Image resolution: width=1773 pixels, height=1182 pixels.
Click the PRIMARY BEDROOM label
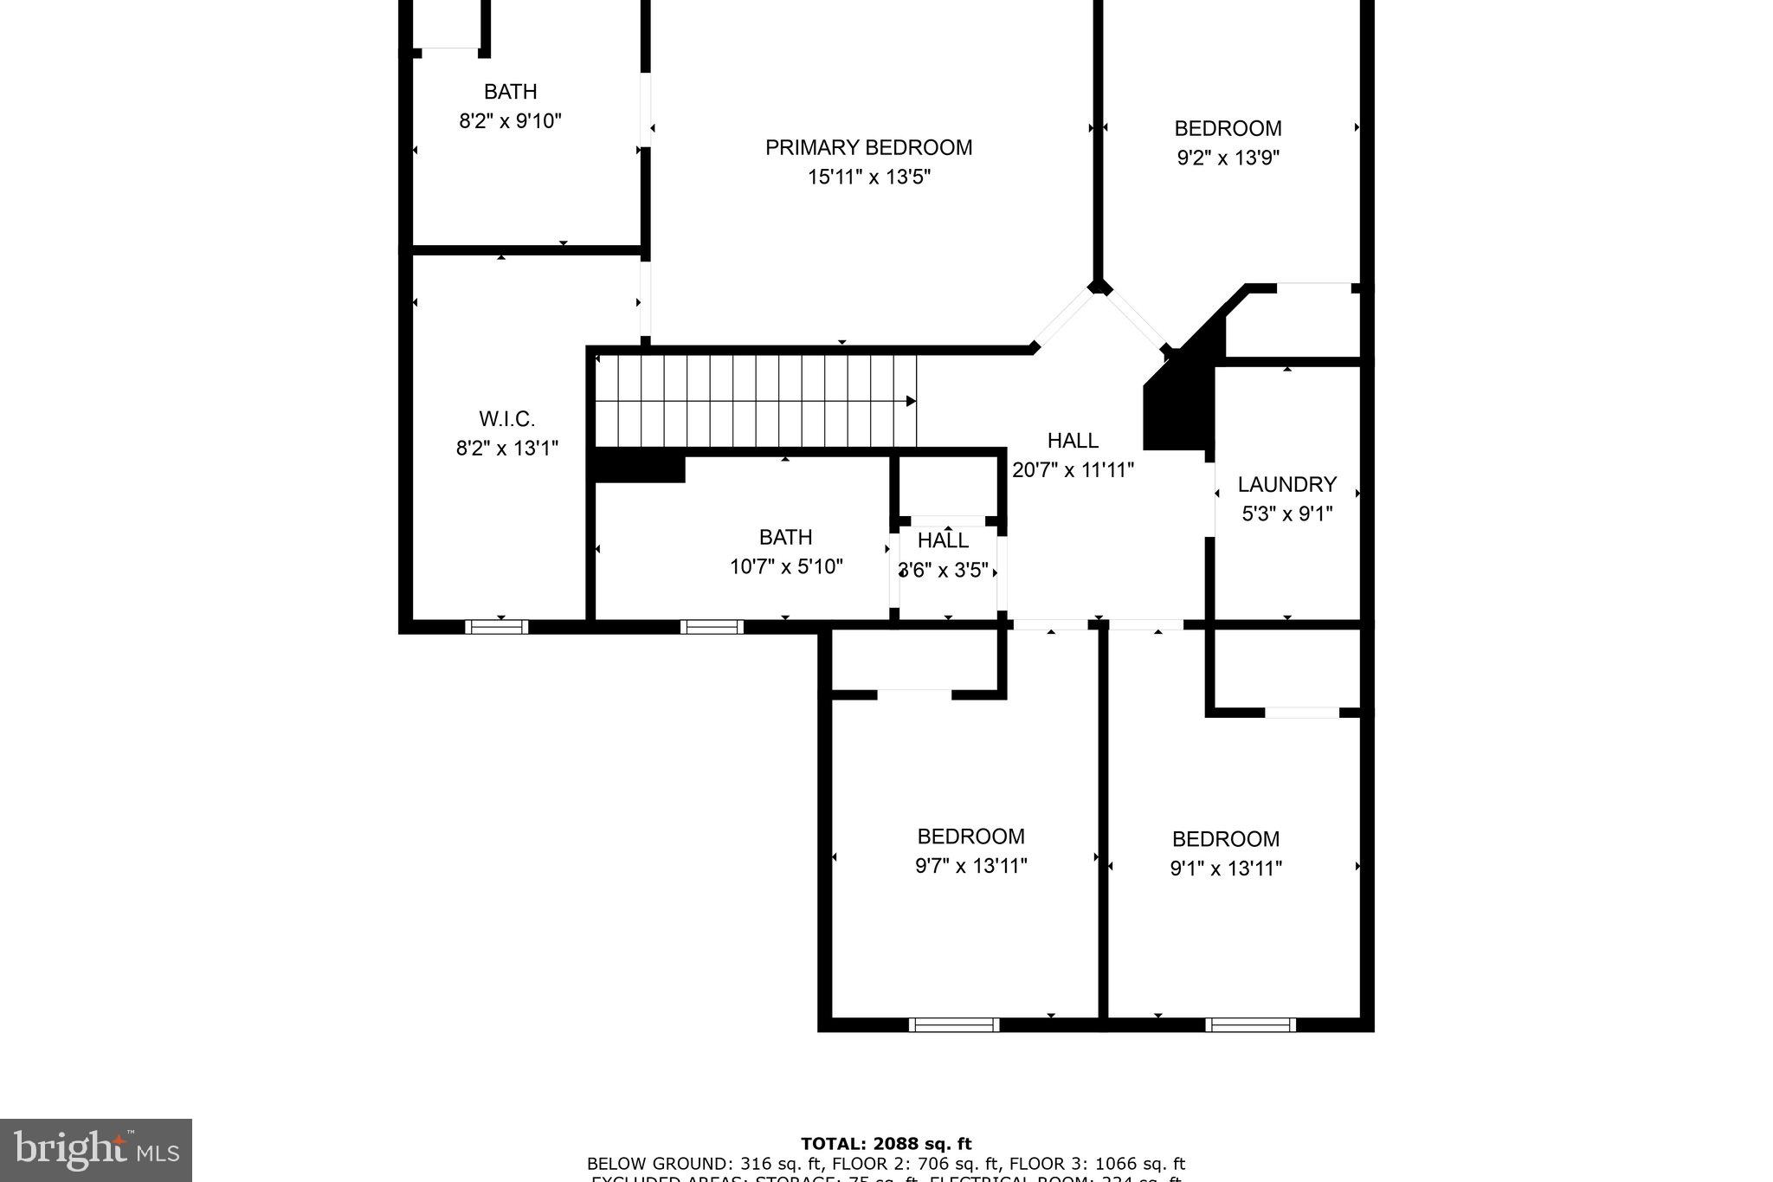[x=868, y=147]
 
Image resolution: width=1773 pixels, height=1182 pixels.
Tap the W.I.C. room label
[x=506, y=419]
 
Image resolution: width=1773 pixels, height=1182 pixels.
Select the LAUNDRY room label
[x=1286, y=484]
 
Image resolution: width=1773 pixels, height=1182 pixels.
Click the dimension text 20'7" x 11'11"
[x=1073, y=470]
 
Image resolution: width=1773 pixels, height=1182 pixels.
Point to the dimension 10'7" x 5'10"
[x=786, y=566]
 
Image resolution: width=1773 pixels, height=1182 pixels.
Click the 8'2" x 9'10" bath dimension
[x=510, y=120]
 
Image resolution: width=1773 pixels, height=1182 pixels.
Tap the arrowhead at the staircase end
[x=911, y=401]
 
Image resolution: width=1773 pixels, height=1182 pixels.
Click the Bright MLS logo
[x=95, y=1150]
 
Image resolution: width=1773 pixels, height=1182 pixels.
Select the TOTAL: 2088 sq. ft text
[x=886, y=1144]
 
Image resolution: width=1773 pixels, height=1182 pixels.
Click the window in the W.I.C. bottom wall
[x=497, y=627]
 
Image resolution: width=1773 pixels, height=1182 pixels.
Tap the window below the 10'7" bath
[x=712, y=627]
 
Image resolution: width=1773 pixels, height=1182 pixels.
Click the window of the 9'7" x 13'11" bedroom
[x=954, y=1025]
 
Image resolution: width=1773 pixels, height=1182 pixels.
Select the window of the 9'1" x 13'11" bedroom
[x=1250, y=1025]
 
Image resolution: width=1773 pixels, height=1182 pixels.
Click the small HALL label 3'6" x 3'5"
[x=943, y=541]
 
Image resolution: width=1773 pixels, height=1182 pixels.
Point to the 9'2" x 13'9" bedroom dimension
[x=1228, y=158]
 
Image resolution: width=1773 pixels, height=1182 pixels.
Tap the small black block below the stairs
[x=639, y=468]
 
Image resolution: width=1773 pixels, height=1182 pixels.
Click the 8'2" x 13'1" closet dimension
[x=506, y=449]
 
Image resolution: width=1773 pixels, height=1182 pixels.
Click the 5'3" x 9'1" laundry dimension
[x=1286, y=513]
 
